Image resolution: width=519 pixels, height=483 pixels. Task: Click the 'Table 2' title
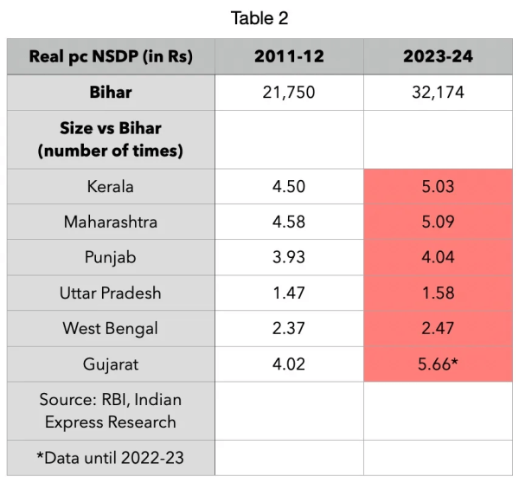click(259, 18)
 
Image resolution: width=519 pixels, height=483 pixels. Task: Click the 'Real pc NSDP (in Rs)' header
click(111, 57)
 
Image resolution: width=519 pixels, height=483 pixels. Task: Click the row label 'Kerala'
click(111, 186)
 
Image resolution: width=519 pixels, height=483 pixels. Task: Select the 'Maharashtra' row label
click(111, 222)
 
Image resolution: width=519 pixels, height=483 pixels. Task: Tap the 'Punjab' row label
click(111, 257)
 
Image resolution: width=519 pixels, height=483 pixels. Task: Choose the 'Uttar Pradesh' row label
click(111, 293)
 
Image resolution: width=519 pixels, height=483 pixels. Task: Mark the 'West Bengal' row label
click(111, 328)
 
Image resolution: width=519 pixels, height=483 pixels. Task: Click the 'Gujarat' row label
click(111, 364)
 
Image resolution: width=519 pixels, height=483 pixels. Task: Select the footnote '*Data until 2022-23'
click(111, 458)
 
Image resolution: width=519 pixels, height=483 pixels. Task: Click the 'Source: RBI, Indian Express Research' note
click(111, 410)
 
